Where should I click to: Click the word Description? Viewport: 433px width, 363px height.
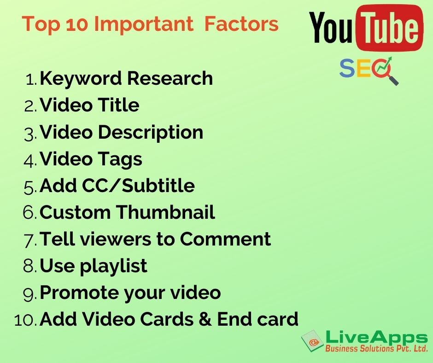point(151,133)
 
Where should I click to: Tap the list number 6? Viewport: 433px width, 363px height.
point(29,213)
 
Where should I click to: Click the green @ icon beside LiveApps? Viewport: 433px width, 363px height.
point(312,341)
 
